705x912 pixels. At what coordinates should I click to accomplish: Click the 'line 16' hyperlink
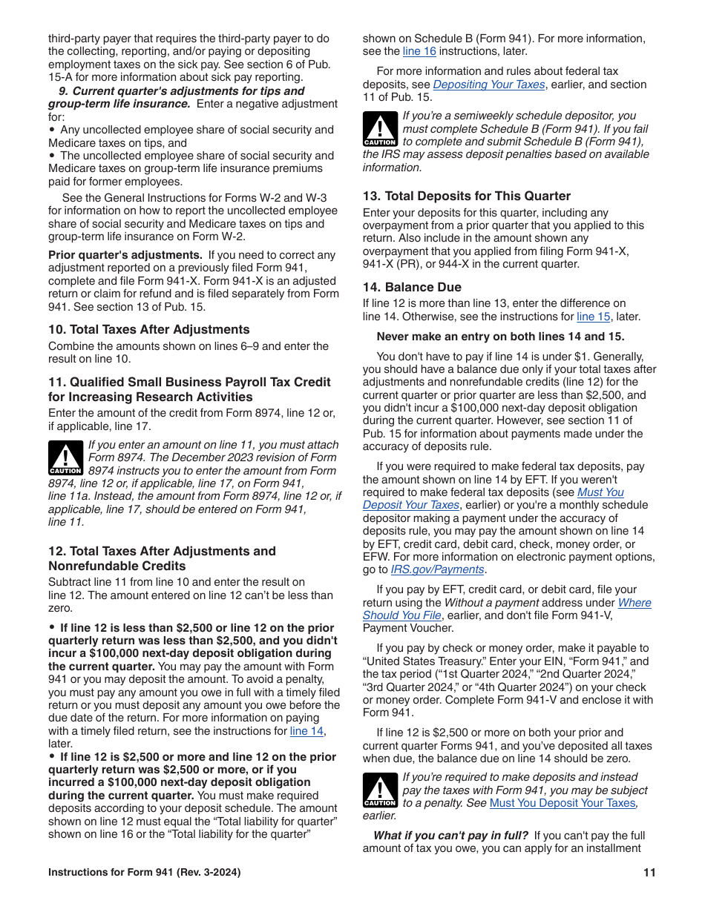click(419, 51)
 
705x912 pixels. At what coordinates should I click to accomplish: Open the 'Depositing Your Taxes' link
click(488, 85)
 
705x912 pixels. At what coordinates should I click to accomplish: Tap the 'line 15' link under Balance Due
click(593, 317)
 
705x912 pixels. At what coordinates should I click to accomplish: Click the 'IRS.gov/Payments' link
click(437, 569)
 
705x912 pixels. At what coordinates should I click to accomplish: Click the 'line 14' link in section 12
click(306, 731)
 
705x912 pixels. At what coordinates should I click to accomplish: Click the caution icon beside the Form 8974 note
click(65, 457)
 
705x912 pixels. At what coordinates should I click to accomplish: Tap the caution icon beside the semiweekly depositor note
click(379, 128)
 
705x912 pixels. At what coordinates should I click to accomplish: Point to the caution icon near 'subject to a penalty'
click(379, 790)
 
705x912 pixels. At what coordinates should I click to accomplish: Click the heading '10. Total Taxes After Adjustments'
click(149, 329)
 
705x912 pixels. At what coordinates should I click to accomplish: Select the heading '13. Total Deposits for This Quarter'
click(466, 196)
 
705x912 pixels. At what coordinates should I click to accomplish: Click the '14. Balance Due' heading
click(412, 287)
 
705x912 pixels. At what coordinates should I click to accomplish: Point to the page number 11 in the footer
click(649, 873)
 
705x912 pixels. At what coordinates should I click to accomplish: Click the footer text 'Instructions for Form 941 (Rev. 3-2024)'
click(144, 873)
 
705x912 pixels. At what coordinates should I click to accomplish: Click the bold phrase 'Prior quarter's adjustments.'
click(126, 255)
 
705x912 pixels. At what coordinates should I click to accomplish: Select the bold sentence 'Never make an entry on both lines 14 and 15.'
click(500, 336)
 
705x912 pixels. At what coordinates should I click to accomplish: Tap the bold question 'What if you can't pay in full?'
click(450, 836)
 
